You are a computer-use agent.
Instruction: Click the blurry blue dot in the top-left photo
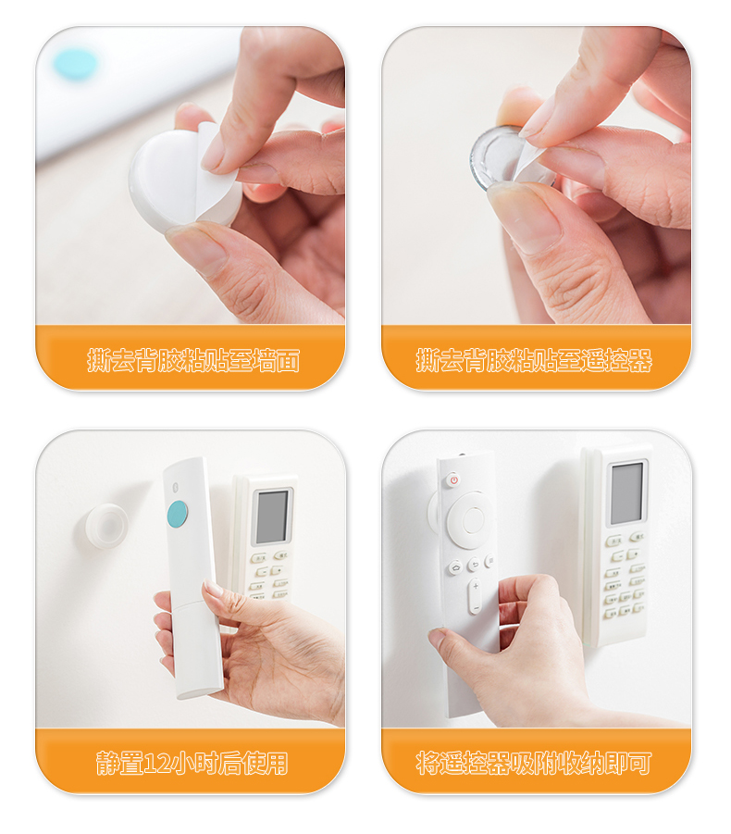[74, 63]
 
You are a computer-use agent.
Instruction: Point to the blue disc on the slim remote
[178, 515]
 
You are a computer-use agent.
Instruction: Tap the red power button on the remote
[453, 480]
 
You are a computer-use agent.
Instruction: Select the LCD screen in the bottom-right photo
[627, 493]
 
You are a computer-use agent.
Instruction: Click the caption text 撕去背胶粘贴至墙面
[193, 360]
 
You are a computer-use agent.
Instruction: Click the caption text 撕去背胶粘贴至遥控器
[534, 360]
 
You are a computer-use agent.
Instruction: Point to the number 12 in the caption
[155, 764]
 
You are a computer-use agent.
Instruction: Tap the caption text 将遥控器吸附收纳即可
[534, 764]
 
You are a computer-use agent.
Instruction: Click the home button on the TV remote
[456, 567]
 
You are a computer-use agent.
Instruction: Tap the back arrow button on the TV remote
[475, 564]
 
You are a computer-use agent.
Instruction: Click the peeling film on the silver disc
[530, 158]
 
